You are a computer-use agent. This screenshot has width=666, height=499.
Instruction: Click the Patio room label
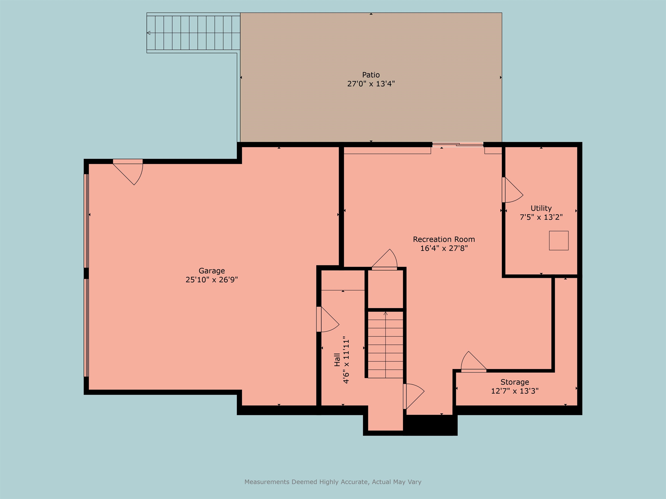click(371, 75)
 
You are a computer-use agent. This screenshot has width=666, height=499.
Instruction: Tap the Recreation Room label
click(444, 239)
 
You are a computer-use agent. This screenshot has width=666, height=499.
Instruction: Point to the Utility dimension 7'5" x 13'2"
click(541, 217)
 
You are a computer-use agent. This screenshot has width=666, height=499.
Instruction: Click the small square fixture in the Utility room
click(558, 241)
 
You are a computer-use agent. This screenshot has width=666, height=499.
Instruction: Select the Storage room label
click(514, 382)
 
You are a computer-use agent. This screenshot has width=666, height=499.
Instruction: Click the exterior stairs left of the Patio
click(193, 33)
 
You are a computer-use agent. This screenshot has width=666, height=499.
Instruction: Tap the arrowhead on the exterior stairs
click(149, 33)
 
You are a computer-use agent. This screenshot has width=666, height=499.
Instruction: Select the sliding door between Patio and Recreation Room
click(458, 145)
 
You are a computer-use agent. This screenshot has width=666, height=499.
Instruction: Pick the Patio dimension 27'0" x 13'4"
click(371, 84)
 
